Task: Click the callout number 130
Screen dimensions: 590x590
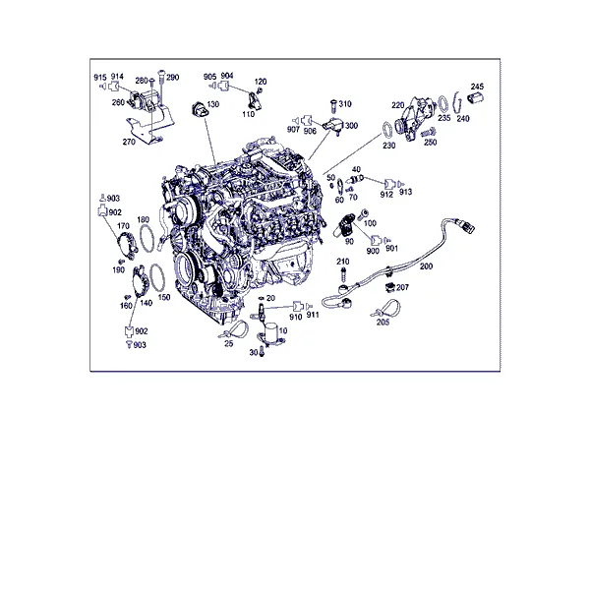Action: pos(213,104)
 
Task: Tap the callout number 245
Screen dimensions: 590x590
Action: pos(477,87)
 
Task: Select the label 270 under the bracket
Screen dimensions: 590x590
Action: pos(129,142)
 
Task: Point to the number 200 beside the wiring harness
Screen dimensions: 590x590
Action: pos(426,266)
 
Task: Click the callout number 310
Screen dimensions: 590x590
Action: pos(345,104)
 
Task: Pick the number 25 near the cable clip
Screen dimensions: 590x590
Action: pos(229,343)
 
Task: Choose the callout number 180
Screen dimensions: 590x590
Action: pos(143,219)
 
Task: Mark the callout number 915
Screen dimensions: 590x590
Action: pos(100,78)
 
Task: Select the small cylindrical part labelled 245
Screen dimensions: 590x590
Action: pos(475,97)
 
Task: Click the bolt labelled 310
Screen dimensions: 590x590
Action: pos(333,106)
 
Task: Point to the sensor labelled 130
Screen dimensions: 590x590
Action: pos(199,109)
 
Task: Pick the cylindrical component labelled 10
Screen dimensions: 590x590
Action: pos(270,333)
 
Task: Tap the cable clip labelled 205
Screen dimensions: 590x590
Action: pos(387,309)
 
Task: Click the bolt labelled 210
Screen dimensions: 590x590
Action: pos(343,273)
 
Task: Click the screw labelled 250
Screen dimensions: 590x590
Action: pos(428,132)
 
